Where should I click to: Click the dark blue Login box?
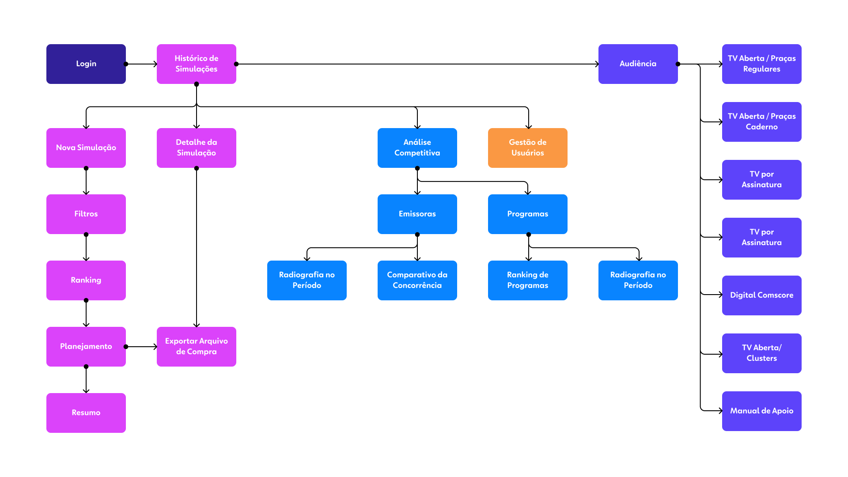tap(86, 64)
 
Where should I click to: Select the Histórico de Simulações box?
tap(197, 64)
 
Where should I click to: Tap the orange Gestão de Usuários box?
tap(528, 148)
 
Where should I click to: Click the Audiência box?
tap(638, 64)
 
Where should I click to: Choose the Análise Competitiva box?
tap(417, 148)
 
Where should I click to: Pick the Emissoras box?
tap(417, 214)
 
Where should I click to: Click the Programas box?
tap(528, 214)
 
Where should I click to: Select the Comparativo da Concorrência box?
tap(417, 280)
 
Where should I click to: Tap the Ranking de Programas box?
tap(528, 280)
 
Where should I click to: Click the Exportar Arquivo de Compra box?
tap(197, 347)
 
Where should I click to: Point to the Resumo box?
tap(86, 413)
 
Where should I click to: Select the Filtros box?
tap(86, 214)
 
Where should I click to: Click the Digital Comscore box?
tap(762, 295)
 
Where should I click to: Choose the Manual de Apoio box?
tap(762, 411)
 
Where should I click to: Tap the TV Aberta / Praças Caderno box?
tap(762, 122)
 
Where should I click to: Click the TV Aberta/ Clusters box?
tap(762, 353)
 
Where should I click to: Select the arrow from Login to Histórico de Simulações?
tap(141, 64)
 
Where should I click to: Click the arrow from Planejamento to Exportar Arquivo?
tap(141, 347)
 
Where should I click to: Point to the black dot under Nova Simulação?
tap(86, 168)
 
